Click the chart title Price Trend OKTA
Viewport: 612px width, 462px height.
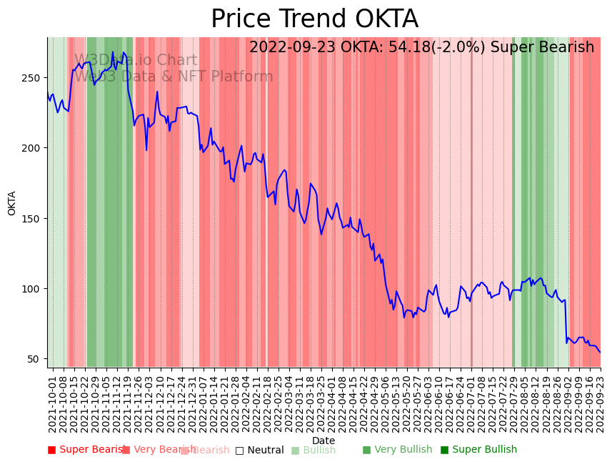point(314,19)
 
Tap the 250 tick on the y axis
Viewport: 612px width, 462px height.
point(34,77)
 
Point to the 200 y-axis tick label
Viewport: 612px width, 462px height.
point(34,148)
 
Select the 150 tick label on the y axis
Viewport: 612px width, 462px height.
point(34,218)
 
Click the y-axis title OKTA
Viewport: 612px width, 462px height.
point(12,202)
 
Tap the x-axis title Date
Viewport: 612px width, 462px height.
point(323,441)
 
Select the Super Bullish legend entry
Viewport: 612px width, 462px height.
point(484,450)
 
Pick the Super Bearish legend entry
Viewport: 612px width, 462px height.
point(91,450)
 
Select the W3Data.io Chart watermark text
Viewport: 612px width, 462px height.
point(136,61)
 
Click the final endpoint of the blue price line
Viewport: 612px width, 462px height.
point(600,352)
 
